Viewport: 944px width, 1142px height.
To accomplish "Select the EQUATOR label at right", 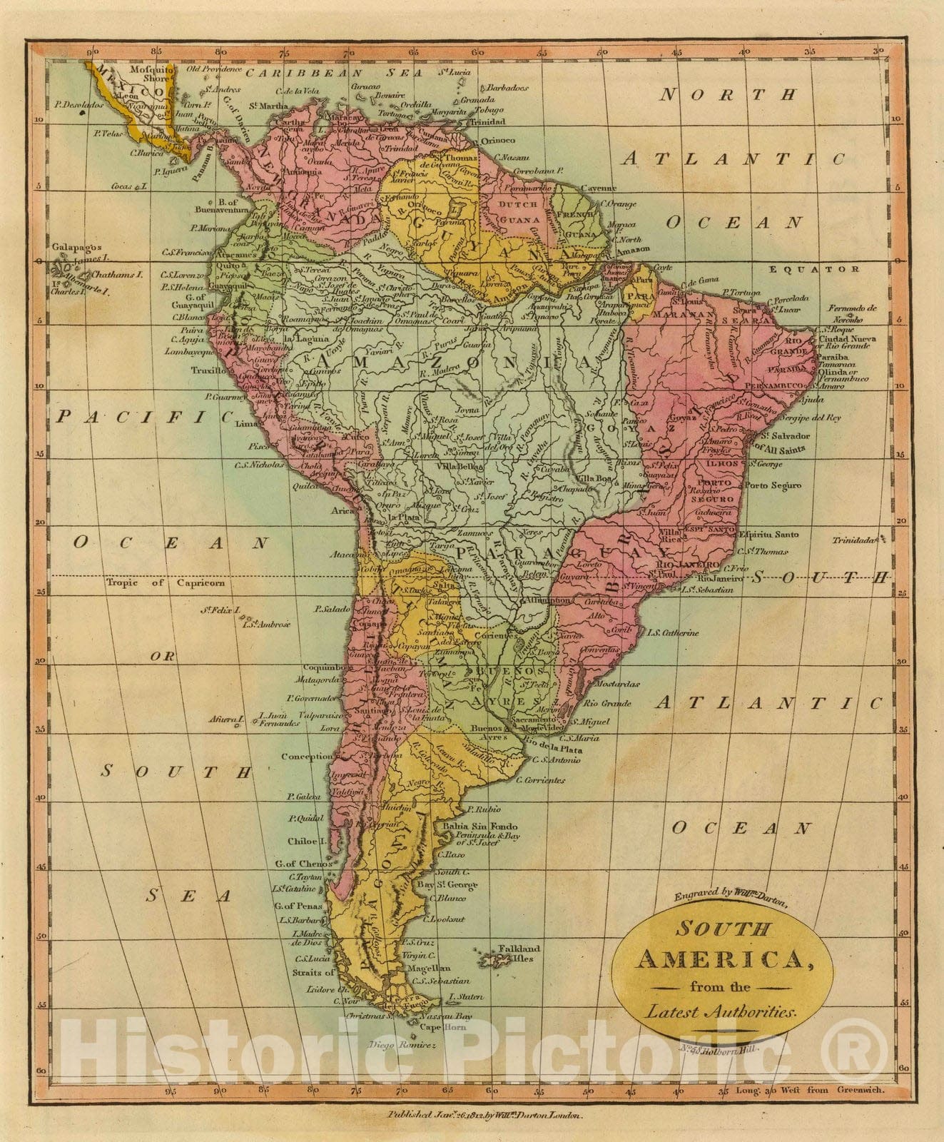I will point(814,269).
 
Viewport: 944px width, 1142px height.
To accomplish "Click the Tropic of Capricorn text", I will point(166,582).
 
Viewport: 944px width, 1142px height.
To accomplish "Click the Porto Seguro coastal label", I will point(773,485).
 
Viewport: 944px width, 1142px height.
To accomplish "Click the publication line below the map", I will point(485,1115).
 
